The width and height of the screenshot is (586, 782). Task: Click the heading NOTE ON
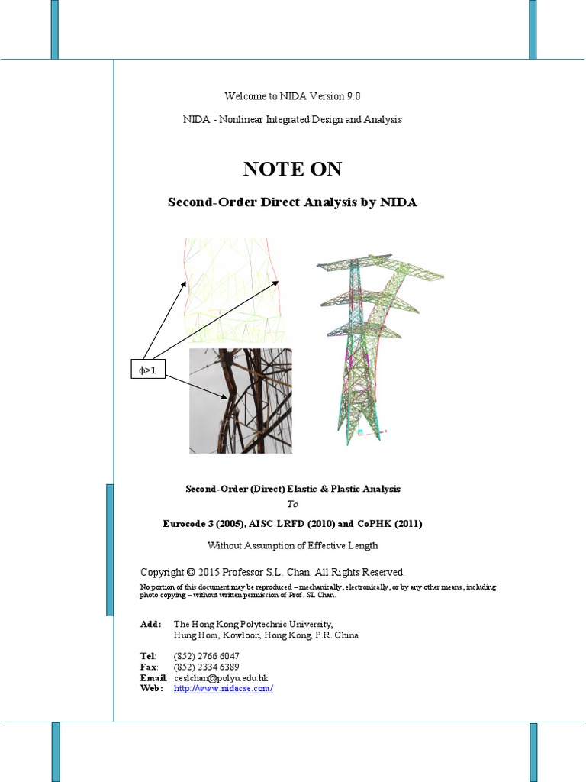[292, 170]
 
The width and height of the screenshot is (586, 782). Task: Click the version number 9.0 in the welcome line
[349, 95]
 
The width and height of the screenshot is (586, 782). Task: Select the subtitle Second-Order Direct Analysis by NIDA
[292, 202]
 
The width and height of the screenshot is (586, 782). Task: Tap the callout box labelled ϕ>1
[148, 370]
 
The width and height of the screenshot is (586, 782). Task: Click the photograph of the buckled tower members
[240, 400]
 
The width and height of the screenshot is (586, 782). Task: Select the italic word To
[293, 504]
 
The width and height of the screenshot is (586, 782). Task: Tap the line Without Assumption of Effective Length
[292, 545]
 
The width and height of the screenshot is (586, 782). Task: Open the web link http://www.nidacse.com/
[224, 688]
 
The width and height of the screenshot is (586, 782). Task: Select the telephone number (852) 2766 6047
[207, 656]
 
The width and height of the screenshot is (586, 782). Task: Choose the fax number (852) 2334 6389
[207, 667]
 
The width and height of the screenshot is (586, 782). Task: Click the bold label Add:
[150, 624]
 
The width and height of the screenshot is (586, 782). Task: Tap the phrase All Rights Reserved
[361, 572]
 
